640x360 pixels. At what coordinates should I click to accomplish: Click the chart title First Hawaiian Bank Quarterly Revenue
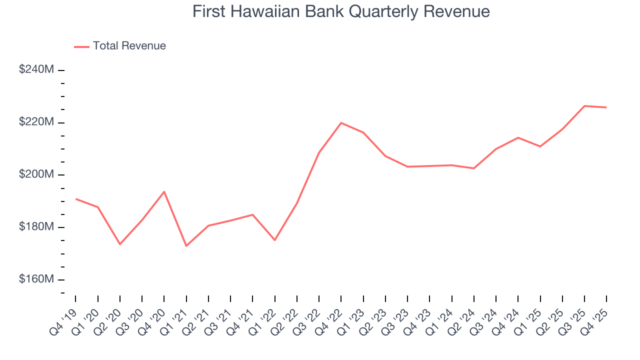tap(341, 11)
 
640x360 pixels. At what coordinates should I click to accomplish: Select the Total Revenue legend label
tap(129, 46)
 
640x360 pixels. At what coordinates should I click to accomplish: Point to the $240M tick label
tap(36, 70)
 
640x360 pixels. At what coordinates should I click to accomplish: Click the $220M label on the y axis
tap(36, 122)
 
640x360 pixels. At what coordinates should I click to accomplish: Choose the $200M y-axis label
tap(36, 174)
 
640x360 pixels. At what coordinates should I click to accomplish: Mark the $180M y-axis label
tap(36, 227)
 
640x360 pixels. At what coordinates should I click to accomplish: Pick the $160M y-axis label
tap(36, 279)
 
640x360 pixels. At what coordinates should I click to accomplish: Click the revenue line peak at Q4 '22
tap(341, 122)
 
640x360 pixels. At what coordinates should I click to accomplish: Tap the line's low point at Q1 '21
tap(186, 246)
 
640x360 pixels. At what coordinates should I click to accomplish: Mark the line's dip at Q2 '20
tap(120, 244)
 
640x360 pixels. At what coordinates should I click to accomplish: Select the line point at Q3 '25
tap(584, 106)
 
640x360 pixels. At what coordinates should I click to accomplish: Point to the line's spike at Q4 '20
tap(164, 191)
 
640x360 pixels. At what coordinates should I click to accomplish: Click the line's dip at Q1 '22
tap(274, 240)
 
